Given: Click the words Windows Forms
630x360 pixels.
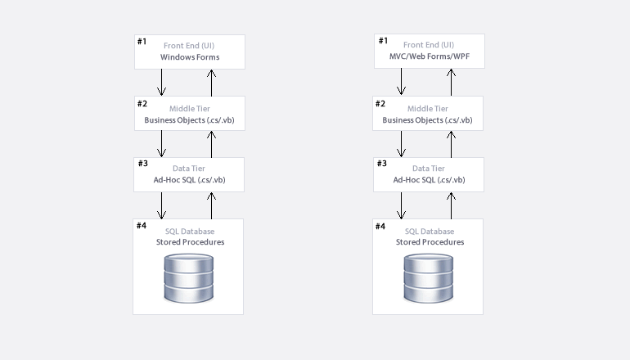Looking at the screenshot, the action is click(190, 57).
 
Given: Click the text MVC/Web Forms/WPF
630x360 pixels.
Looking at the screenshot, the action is click(429, 56).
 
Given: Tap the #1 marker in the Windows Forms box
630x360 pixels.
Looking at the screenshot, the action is click(142, 42).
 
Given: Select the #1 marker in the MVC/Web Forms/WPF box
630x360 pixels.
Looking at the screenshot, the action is click(383, 41).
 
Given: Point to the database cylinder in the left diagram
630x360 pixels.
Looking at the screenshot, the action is click(188, 278).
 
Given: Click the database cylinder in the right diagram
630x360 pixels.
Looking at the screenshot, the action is click(428, 278).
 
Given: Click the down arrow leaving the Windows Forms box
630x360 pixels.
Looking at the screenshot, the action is click(161, 83).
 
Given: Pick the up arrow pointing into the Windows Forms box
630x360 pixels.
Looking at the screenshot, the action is click(211, 83).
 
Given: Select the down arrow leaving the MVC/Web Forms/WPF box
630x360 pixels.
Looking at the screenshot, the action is click(401, 82).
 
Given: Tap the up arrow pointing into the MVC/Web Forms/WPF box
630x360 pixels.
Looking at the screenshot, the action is click(451, 82).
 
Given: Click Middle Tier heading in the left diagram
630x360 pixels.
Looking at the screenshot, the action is click(190, 109).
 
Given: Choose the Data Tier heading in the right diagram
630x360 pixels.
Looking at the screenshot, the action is click(428, 169).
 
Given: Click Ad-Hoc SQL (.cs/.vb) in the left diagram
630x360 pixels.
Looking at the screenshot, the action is click(189, 180).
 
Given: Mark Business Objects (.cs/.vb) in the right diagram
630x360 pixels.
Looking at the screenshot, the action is click(427, 120).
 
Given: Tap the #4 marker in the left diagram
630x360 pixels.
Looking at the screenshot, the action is click(142, 225).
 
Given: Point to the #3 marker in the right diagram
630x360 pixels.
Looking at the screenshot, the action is click(382, 163).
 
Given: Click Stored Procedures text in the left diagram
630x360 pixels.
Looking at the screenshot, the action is click(190, 242).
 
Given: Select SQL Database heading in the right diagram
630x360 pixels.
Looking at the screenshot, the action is click(429, 232).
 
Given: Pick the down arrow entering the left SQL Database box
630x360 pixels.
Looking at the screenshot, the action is click(161, 205).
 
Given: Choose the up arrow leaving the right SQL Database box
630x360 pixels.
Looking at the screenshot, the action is click(451, 205).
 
